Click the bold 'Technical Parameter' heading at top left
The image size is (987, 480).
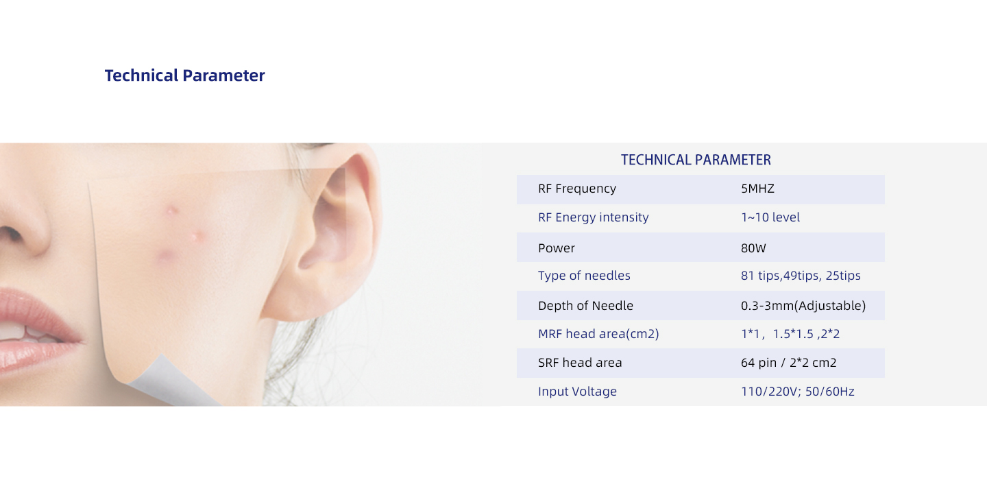coord(184,75)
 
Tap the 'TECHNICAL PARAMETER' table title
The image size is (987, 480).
coord(696,160)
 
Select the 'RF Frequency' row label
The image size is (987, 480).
coord(577,189)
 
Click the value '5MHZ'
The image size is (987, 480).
coord(757,189)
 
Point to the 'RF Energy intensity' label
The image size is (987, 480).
coord(593,217)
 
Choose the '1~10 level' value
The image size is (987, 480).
coord(770,217)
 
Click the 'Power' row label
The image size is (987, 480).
coord(556,248)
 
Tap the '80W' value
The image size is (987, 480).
coord(753,248)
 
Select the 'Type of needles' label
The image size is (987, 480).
coord(584,276)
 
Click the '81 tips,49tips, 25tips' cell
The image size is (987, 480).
coord(801,276)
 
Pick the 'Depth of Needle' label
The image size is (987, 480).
coord(585,305)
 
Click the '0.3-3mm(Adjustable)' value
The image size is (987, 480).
coord(803,305)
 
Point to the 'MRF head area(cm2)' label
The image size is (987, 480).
coord(598,334)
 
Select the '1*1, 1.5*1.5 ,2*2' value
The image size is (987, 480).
coord(790,334)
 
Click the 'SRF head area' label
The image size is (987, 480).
coord(580,363)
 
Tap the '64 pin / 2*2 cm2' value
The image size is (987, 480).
coord(788,363)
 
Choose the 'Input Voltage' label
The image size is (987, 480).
coord(577,392)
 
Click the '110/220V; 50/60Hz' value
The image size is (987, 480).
coord(798,392)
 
